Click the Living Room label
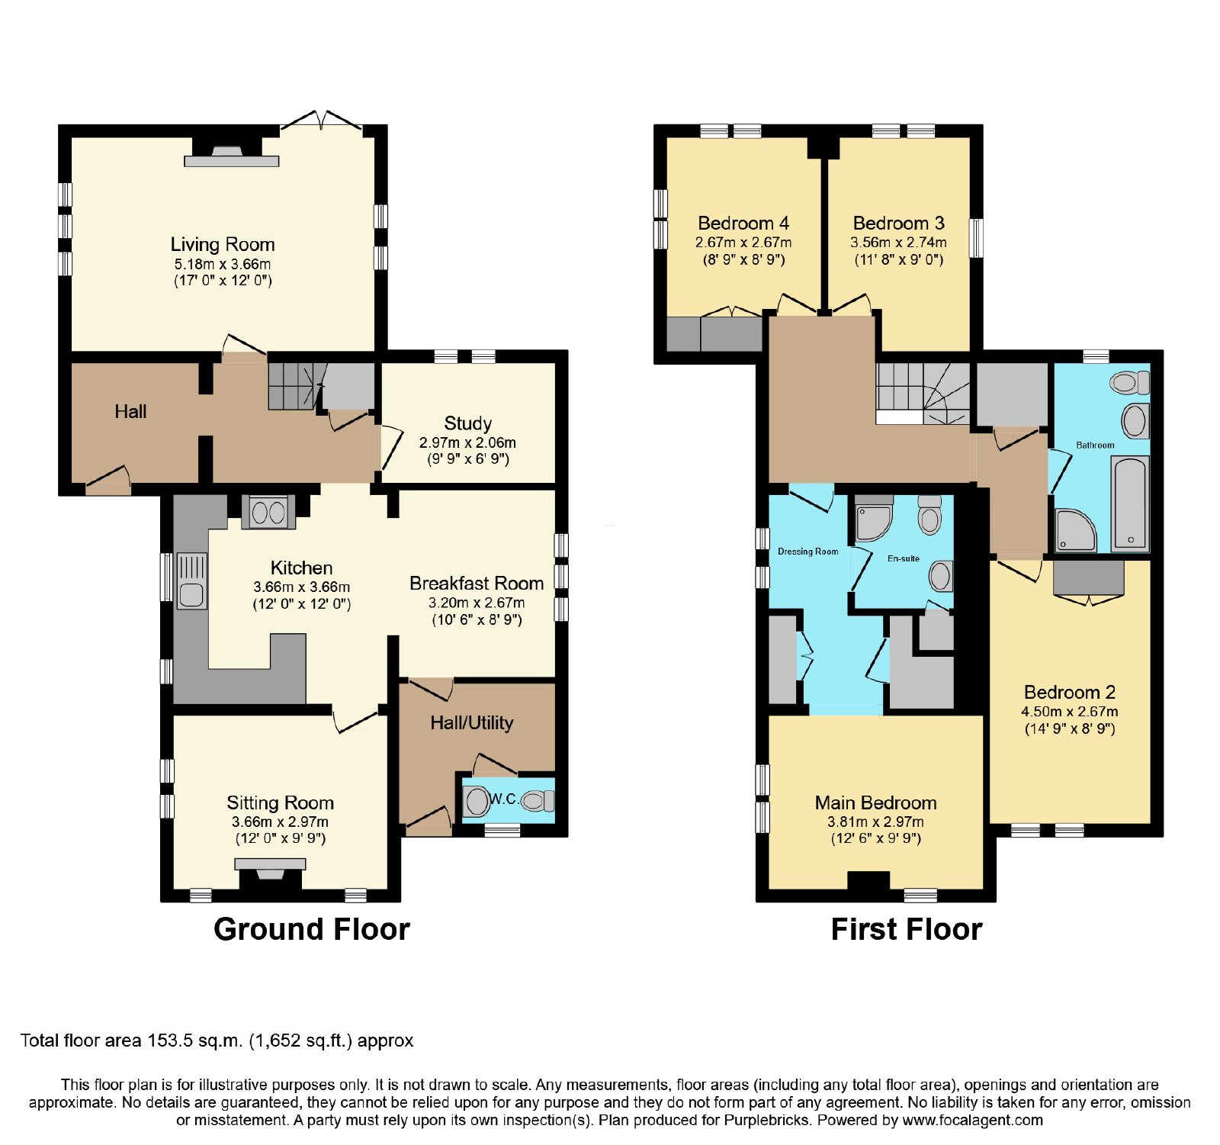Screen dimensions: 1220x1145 click(x=223, y=244)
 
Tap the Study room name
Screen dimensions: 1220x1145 click(x=467, y=423)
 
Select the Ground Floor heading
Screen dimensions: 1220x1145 click(x=312, y=929)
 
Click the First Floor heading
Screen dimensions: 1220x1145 click(x=907, y=929)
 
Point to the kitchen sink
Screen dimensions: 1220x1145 click(x=191, y=581)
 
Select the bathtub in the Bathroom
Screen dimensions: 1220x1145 click(x=1130, y=503)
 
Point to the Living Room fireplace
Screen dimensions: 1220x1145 click(x=232, y=152)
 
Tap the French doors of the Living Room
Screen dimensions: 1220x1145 click(x=321, y=121)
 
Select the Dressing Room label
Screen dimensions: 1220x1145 click(x=807, y=552)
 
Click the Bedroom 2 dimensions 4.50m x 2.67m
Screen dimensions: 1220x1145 click(x=1070, y=712)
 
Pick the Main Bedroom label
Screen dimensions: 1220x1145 click(x=875, y=802)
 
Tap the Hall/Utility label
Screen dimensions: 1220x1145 click(x=472, y=722)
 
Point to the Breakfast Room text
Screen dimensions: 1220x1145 click(x=477, y=584)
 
